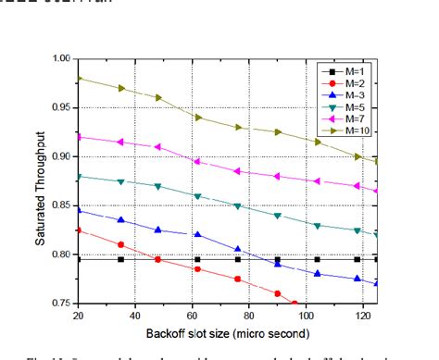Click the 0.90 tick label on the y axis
coord(62,156)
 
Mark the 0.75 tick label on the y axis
coord(62,303)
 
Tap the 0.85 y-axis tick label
coord(62,205)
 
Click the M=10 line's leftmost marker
coord(80,79)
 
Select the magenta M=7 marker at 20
coord(80,137)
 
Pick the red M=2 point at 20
coord(79,230)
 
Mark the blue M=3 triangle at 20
coord(79,210)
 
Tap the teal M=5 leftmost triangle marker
coord(80,176)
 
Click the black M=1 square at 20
coord(80,259)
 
